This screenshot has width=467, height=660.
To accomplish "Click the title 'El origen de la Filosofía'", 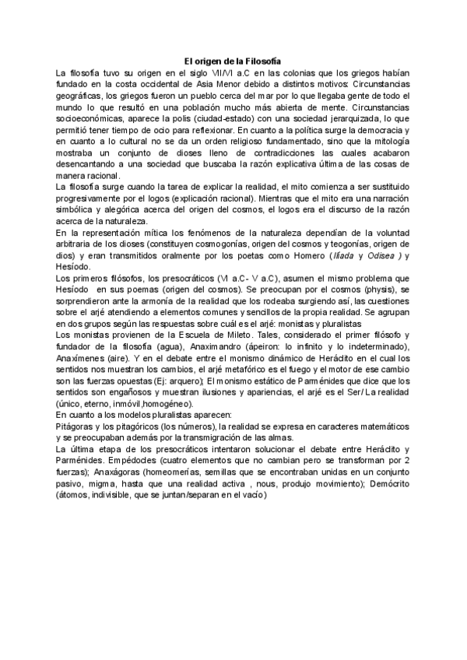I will point(233,61).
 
